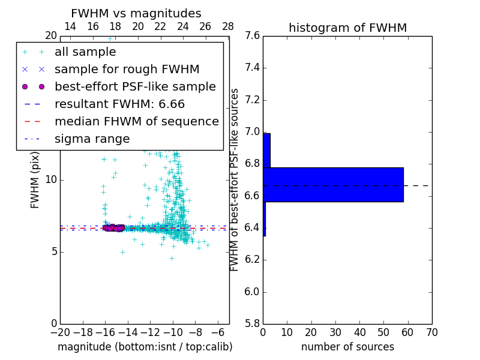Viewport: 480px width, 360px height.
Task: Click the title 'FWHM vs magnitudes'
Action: coord(136,14)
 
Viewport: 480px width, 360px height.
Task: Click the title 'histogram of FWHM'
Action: coord(347,28)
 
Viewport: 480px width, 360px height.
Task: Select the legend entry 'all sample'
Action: coord(85,52)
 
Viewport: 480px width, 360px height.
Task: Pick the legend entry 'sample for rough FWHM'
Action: coord(127,69)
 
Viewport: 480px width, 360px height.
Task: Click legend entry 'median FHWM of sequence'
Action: coord(136,121)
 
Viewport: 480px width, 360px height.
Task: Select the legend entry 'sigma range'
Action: coord(92,139)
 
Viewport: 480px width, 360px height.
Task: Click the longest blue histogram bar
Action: coord(333,185)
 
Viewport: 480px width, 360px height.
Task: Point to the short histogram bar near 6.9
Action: coord(266,150)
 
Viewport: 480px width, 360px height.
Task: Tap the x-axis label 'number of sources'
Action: coord(347,347)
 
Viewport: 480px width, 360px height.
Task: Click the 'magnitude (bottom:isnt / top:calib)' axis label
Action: coord(145,347)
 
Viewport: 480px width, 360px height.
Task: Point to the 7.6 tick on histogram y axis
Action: coord(252,36)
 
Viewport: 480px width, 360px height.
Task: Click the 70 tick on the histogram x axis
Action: coord(431,332)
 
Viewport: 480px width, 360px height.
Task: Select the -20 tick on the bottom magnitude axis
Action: coord(60,332)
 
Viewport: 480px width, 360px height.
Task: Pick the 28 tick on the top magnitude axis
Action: coord(228,26)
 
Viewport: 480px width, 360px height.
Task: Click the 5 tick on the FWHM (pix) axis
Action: coord(53,251)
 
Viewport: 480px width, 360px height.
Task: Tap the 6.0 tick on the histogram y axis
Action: coord(252,292)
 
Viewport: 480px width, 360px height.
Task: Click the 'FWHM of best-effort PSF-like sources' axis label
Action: coord(235,179)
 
